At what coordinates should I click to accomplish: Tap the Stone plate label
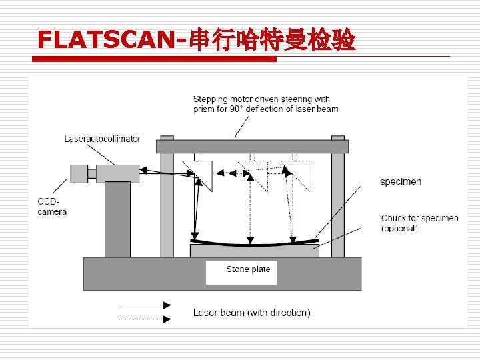point(248,269)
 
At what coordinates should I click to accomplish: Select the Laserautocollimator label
point(102,139)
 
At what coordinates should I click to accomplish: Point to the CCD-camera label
point(52,207)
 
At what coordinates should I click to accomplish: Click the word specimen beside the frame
point(401,181)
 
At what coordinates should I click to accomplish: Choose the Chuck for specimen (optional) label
point(419,223)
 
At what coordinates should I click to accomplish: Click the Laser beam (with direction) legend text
point(251,312)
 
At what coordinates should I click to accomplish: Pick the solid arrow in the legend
point(145,305)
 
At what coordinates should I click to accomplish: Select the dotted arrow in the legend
point(145,319)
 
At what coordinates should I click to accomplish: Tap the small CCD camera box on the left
point(79,173)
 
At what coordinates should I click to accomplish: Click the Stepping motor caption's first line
point(261,99)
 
